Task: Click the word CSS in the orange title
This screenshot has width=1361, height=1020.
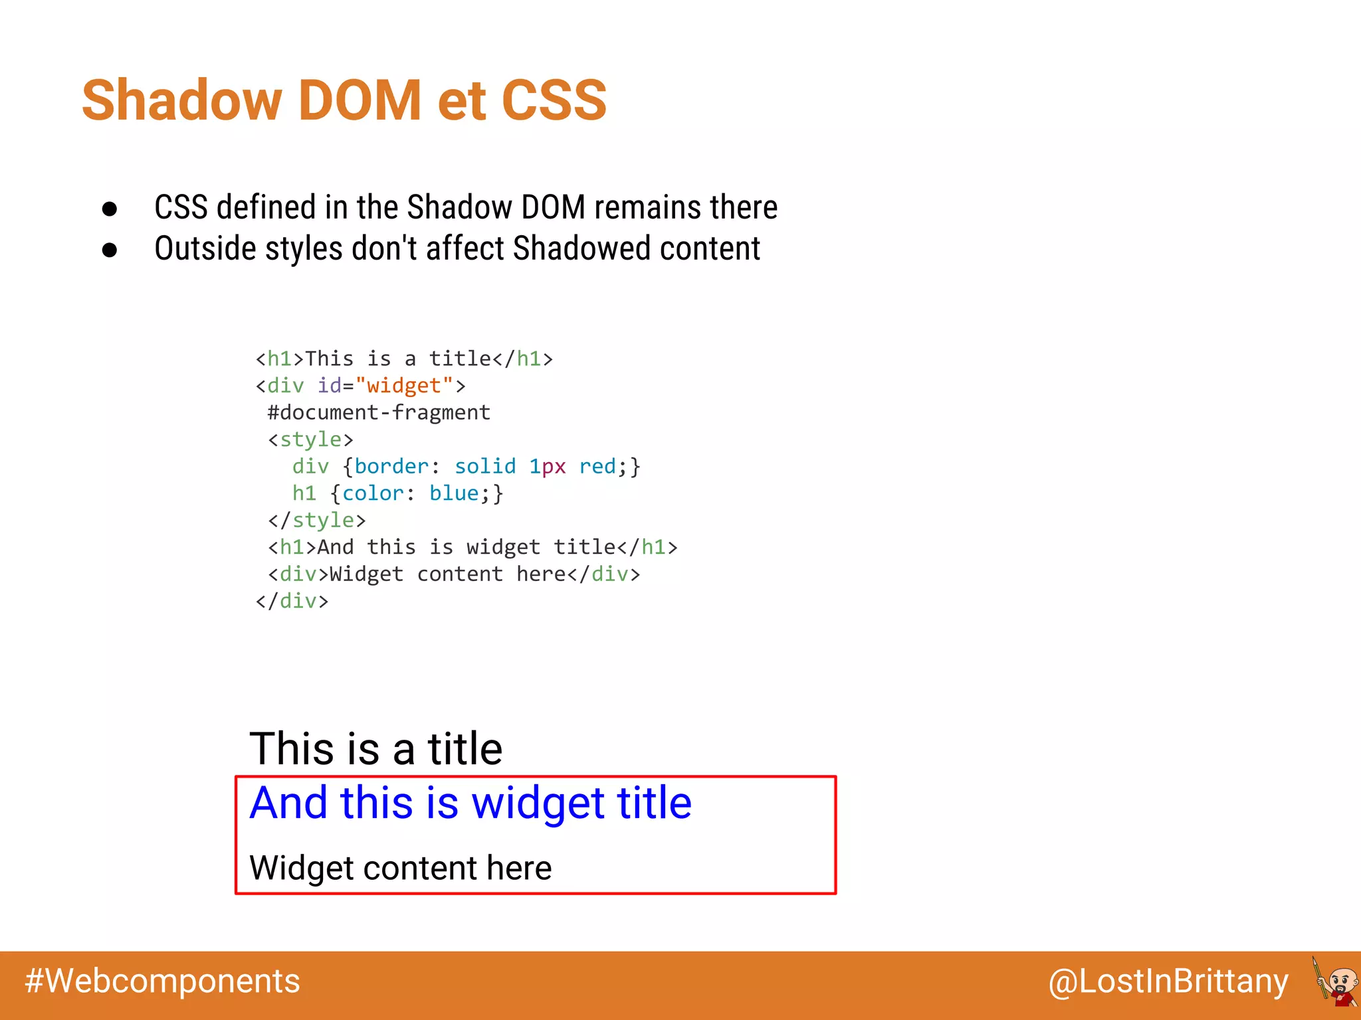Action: tap(554, 100)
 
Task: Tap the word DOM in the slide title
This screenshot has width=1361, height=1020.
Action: tap(360, 100)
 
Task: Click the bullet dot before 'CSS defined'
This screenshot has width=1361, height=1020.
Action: tap(110, 209)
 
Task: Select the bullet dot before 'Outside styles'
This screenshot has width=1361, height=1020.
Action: tap(110, 250)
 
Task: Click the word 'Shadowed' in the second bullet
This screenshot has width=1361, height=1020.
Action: tap(581, 249)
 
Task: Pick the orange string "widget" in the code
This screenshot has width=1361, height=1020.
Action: tap(403, 386)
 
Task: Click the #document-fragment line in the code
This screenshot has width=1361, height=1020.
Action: tap(379, 412)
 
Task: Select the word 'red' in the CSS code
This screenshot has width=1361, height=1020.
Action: tap(597, 466)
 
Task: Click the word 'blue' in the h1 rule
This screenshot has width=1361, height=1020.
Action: tap(454, 493)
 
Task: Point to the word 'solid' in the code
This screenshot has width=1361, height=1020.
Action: tap(485, 466)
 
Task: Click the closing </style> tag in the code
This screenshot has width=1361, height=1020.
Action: tap(317, 520)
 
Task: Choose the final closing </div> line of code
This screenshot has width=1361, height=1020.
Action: tap(292, 601)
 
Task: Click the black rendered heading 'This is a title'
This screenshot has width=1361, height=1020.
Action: tap(375, 749)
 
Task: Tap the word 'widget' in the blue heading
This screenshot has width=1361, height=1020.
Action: tap(537, 804)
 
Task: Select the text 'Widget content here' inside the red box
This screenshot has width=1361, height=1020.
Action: tap(400, 868)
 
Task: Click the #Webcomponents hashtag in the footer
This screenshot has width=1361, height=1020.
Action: tap(163, 981)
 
